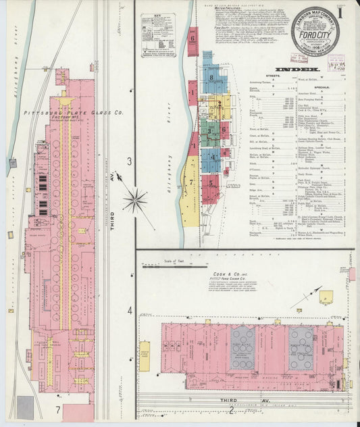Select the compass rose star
click(x=135, y=199)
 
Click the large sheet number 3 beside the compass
click(x=128, y=161)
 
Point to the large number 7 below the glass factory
click(x=58, y=409)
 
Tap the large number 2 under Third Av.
click(x=231, y=409)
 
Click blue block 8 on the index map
click(x=212, y=78)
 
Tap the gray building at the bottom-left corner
click(x=25, y=406)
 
